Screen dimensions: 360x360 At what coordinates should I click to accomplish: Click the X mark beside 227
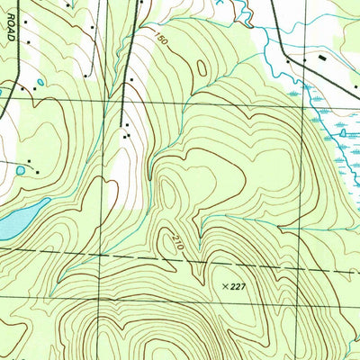point(225,286)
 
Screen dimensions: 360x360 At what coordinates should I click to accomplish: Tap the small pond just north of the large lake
point(20,170)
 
